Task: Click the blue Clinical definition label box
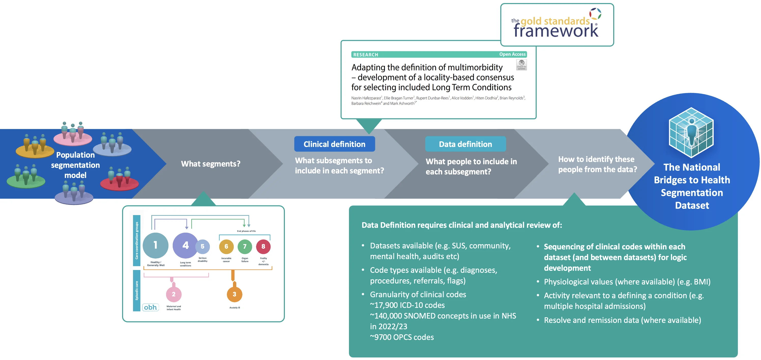coord(334,144)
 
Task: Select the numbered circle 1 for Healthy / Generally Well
coord(155,245)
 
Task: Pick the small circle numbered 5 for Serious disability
coord(203,246)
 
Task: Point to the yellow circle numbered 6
coord(226,247)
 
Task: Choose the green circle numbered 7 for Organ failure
coord(245,247)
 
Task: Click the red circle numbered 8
coord(263,247)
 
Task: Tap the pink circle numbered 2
coord(174,294)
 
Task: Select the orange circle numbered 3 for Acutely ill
coord(235,294)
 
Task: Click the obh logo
coord(150,307)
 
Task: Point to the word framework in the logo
coord(556,31)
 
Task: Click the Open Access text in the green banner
coord(512,54)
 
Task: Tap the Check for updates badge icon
coord(521,65)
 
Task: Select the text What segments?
coord(211,164)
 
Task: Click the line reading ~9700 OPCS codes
coord(402,337)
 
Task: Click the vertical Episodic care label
coord(137,291)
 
